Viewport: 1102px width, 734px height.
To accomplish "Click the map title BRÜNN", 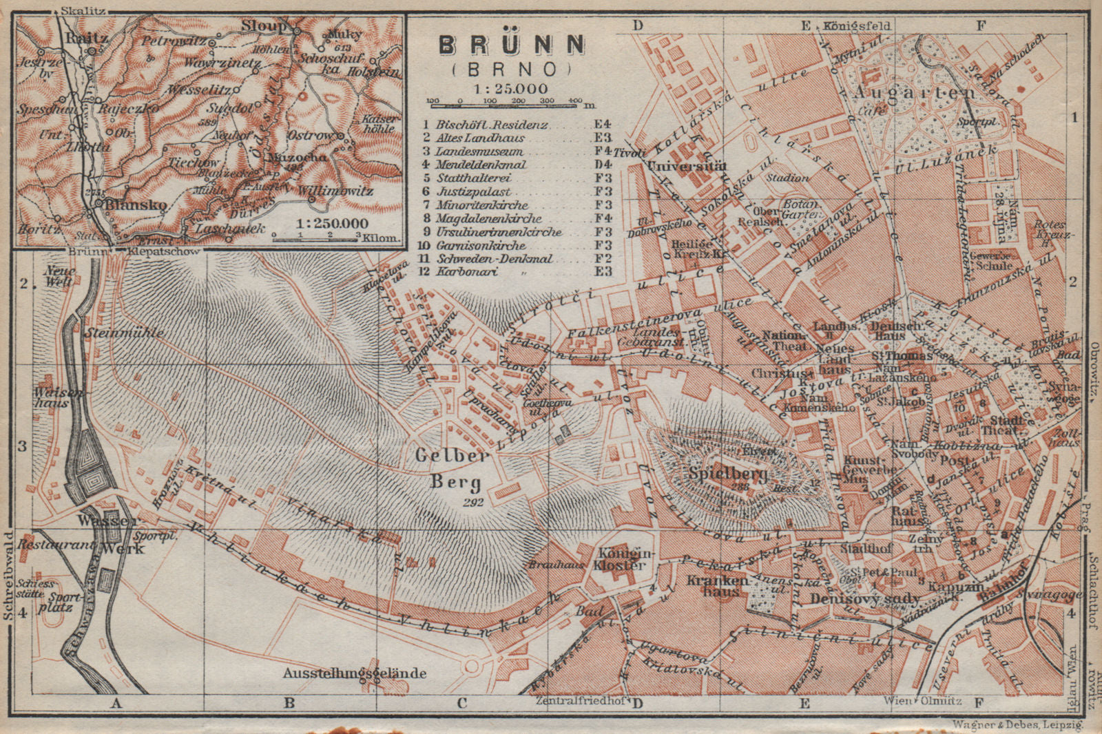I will [x=512, y=45].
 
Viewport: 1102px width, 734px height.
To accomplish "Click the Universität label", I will [x=687, y=166].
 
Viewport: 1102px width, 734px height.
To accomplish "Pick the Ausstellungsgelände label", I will [x=355, y=673].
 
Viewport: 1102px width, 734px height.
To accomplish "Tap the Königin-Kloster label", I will [x=622, y=558].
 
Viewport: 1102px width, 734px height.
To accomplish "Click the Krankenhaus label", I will [x=716, y=586].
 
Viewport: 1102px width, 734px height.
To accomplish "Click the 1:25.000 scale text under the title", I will [x=510, y=88].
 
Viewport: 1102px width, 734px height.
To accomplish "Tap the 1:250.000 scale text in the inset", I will [x=332, y=223].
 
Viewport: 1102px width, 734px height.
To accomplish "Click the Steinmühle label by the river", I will [x=124, y=333].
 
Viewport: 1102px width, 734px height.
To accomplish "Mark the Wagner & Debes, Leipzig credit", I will [x=1018, y=724].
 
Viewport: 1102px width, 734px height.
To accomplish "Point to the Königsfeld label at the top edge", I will [x=857, y=26].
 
